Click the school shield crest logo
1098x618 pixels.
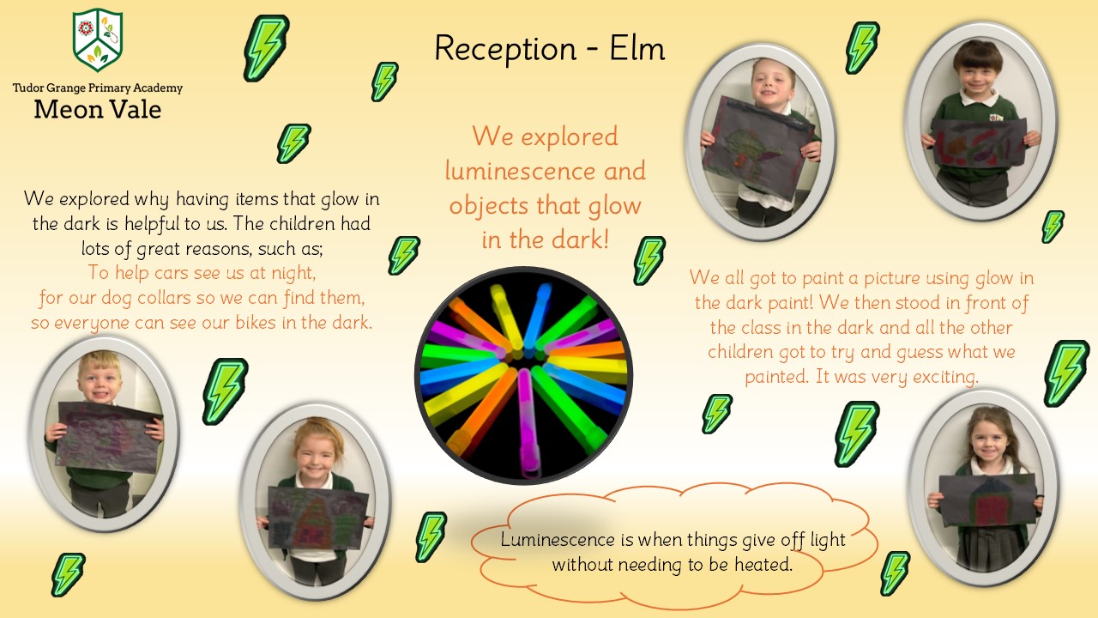point(98,39)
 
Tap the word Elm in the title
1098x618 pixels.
point(636,49)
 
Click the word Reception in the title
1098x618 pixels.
point(505,50)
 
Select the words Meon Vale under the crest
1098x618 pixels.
point(98,109)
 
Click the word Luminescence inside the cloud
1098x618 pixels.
point(558,540)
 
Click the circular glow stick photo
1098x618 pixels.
point(523,375)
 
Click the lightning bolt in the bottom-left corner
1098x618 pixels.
point(68,574)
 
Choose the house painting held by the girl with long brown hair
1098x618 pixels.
point(987,500)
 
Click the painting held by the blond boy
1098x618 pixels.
point(109,438)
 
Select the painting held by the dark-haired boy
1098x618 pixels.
point(979,142)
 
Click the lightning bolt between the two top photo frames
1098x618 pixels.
point(862,47)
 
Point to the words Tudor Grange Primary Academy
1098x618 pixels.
point(98,88)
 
